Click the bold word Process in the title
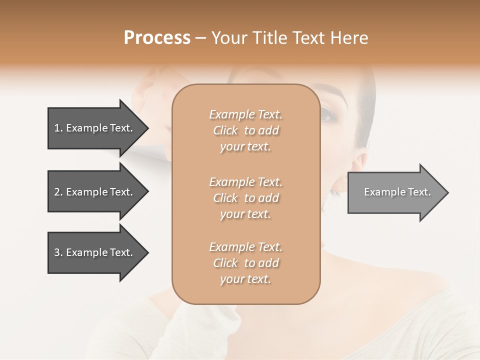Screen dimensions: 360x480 click(x=157, y=38)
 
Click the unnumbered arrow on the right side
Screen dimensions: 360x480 click(x=395, y=192)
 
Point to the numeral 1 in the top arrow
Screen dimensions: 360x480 click(x=57, y=128)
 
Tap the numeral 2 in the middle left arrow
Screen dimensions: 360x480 click(x=57, y=192)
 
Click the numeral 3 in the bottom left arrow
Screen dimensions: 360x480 click(x=57, y=252)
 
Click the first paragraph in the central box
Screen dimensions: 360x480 click(x=245, y=130)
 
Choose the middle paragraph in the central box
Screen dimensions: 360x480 click(x=245, y=198)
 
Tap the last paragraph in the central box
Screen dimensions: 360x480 click(x=245, y=263)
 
